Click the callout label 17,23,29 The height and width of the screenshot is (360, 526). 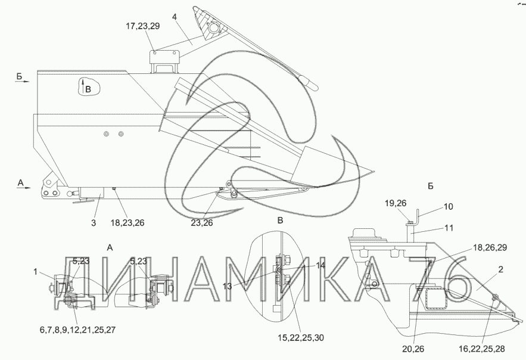(x=143, y=26)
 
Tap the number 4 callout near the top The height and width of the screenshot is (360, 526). (x=175, y=17)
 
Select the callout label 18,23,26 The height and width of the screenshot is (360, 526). (x=127, y=223)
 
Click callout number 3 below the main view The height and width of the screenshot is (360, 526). (x=94, y=222)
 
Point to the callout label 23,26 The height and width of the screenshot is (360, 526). (x=202, y=223)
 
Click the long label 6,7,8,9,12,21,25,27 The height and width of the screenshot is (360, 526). (x=77, y=330)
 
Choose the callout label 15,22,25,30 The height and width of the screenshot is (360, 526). (x=301, y=338)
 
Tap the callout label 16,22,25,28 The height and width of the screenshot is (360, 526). (x=482, y=349)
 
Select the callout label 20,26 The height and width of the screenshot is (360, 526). (x=413, y=349)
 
